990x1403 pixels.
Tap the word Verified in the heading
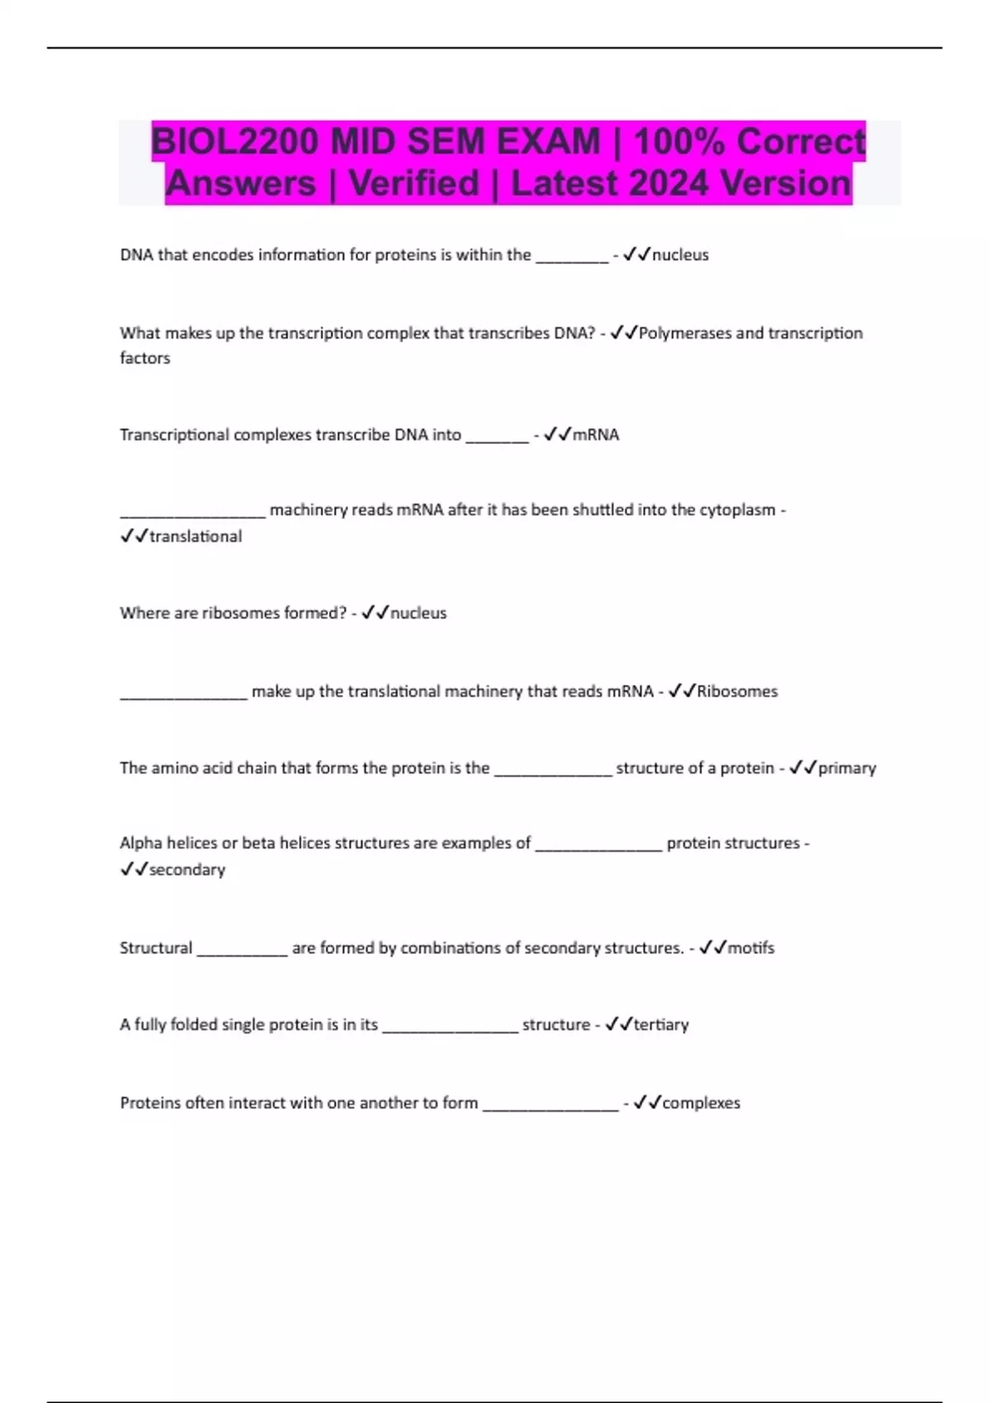pos(413,183)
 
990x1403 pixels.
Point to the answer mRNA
pos(596,435)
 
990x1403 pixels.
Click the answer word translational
pos(196,536)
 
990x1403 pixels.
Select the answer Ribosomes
pos(737,692)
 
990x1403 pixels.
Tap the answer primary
pos(846,768)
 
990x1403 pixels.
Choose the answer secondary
pos(186,870)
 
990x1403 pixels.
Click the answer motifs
pos(751,948)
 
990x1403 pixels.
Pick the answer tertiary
pos(661,1025)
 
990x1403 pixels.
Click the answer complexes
pos(701,1103)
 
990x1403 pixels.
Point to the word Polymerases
pos(685,333)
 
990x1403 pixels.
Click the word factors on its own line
pos(145,358)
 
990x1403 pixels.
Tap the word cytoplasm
pos(738,510)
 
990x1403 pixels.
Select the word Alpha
pos(141,843)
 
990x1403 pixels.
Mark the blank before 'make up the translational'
pos(183,694)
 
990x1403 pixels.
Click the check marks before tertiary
pos(619,1025)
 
